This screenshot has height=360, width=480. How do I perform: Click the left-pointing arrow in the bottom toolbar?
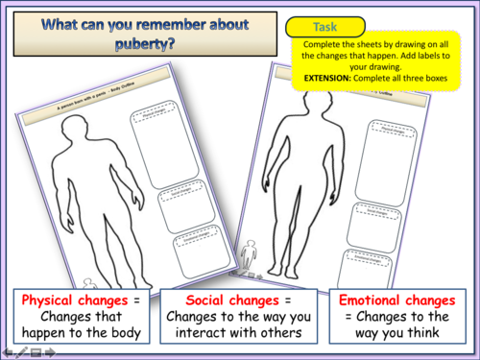(9, 352)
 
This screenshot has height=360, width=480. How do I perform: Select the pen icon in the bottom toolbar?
(21, 352)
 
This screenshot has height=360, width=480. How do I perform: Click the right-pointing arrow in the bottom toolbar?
(47, 352)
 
